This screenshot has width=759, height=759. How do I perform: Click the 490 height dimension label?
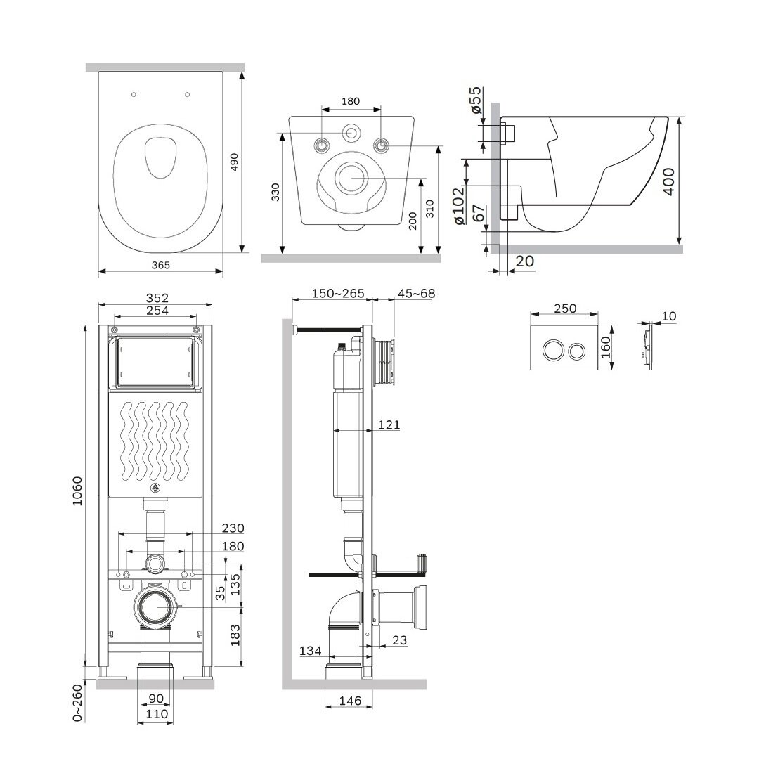tap(234, 162)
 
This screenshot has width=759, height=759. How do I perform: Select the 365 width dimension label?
tap(161, 265)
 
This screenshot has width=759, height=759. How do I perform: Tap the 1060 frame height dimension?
tap(77, 491)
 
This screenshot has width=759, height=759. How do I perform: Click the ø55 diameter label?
tap(476, 100)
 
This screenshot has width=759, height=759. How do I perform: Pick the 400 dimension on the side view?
tap(668, 181)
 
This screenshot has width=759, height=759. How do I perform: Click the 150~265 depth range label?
tap(338, 293)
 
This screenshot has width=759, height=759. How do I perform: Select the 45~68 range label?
tap(416, 293)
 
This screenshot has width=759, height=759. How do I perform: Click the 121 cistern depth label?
tap(389, 425)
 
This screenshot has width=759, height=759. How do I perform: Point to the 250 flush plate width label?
tap(565, 309)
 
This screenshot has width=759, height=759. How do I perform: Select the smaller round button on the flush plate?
tap(576, 351)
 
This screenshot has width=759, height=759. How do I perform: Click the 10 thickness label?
tap(668, 316)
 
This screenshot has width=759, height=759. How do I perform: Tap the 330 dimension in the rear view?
tap(275, 192)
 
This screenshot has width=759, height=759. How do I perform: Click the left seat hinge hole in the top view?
tap(134, 94)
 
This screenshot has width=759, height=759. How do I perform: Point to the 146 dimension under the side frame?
tap(350, 701)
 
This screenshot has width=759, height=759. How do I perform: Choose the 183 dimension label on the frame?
tap(235, 635)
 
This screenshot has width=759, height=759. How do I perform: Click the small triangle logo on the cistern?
tap(155, 488)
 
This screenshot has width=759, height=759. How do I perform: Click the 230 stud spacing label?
tap(233, 528)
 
